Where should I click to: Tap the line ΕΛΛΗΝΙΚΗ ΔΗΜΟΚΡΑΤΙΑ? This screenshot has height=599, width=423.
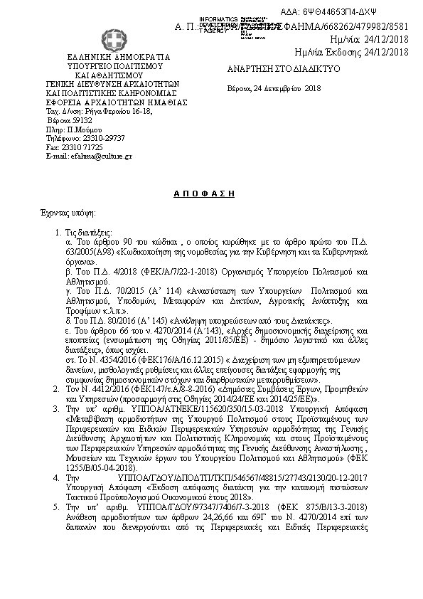click(109, 55)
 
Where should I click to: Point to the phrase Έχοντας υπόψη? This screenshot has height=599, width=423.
click(68, 213)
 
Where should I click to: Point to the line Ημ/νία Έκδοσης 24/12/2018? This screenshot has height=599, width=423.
click(351, 52)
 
